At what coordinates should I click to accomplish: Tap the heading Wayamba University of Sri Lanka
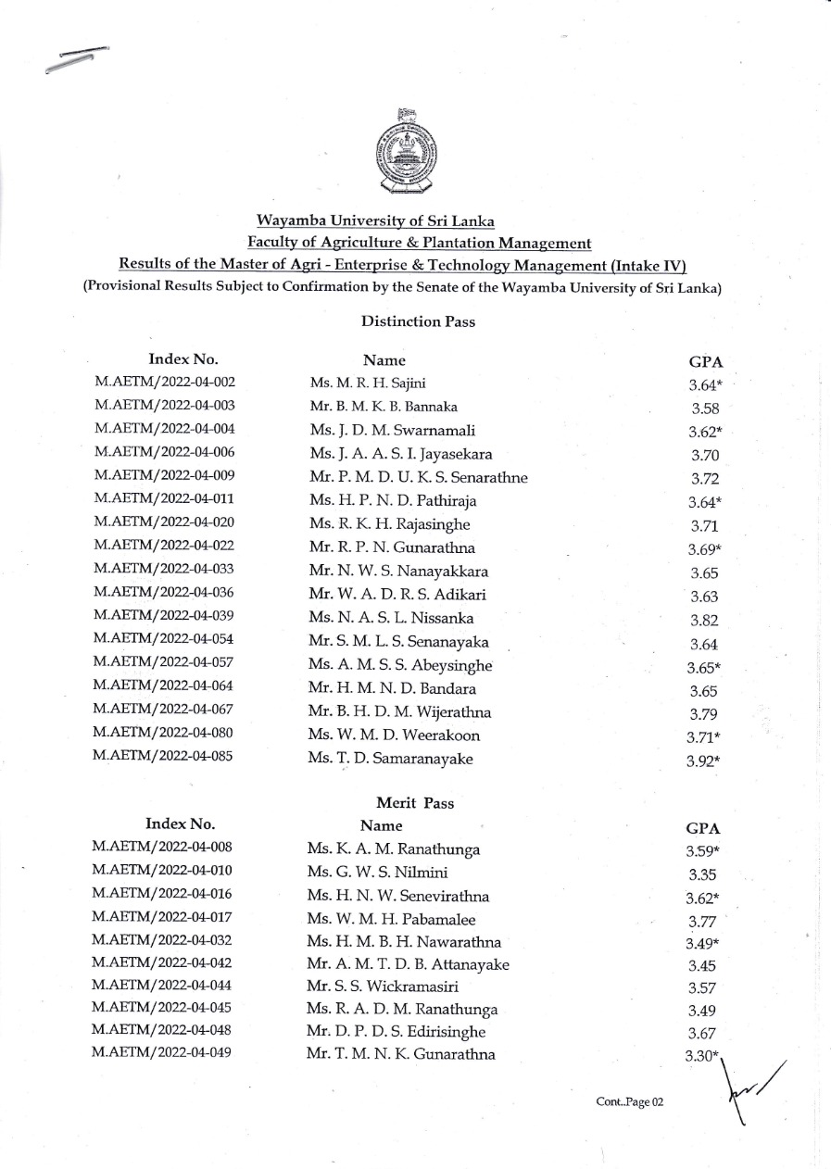click(375, 221)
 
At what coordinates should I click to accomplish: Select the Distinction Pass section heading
click(405, 321)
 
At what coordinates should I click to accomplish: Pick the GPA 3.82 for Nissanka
click(705, 621)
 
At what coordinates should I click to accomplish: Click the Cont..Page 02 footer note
click(630, 1103)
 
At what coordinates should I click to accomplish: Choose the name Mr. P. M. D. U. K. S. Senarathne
click(419, 478)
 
